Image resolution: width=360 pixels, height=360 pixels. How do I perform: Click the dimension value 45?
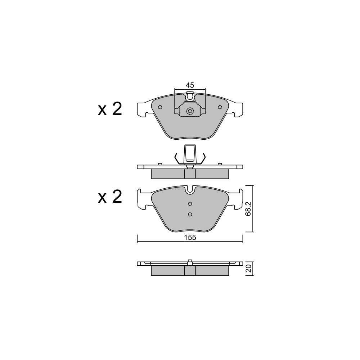190,85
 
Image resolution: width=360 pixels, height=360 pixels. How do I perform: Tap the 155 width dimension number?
190,238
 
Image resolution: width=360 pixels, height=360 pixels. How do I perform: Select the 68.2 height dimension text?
248,209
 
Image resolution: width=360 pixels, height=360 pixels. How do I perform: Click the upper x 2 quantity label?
110,109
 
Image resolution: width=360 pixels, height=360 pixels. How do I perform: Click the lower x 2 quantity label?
110,197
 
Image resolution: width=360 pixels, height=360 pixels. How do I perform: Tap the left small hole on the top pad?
160,107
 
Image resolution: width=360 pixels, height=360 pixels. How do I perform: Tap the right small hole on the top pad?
220,107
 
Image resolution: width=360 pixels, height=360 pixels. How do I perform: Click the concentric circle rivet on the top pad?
190,112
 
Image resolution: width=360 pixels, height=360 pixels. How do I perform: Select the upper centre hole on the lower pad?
190,204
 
